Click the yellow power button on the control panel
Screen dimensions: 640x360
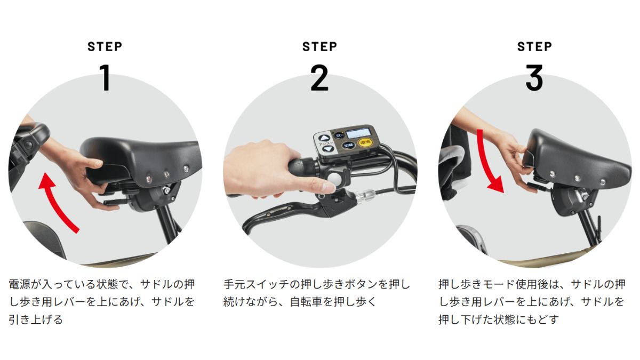[x=365, y=142]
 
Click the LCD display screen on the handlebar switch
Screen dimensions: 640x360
[x=358, y=133]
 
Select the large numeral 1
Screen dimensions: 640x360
[x=105, y=77]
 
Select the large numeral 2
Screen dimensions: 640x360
[x=319, y=77]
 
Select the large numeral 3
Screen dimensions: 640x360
[x=534, y=77]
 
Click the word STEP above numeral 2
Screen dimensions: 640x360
[x=319, y=46]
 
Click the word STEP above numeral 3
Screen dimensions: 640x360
[x=534, y=46]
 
